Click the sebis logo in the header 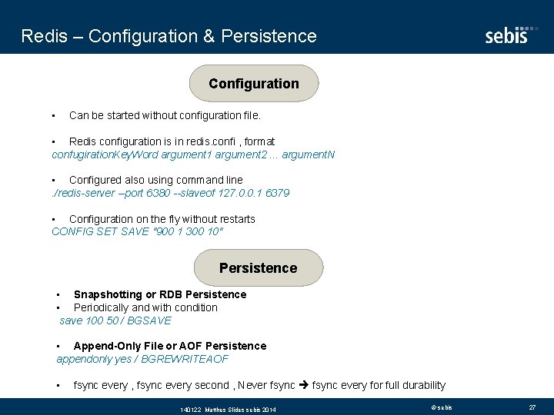coord(506,35)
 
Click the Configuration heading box coord(253,84)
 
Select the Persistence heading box coord(258,267)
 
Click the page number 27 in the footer coord(532,407)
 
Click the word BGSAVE coord(149,320)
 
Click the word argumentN coord(309,154)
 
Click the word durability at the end coord(421,385)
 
